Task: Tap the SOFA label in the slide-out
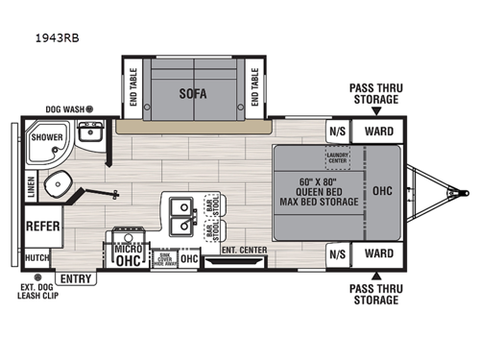195,93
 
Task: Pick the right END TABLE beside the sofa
255,87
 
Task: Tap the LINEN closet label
31,186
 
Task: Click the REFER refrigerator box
42,228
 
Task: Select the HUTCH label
37,257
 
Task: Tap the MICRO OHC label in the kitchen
128,252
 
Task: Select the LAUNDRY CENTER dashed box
337,156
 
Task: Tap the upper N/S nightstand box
337,132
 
